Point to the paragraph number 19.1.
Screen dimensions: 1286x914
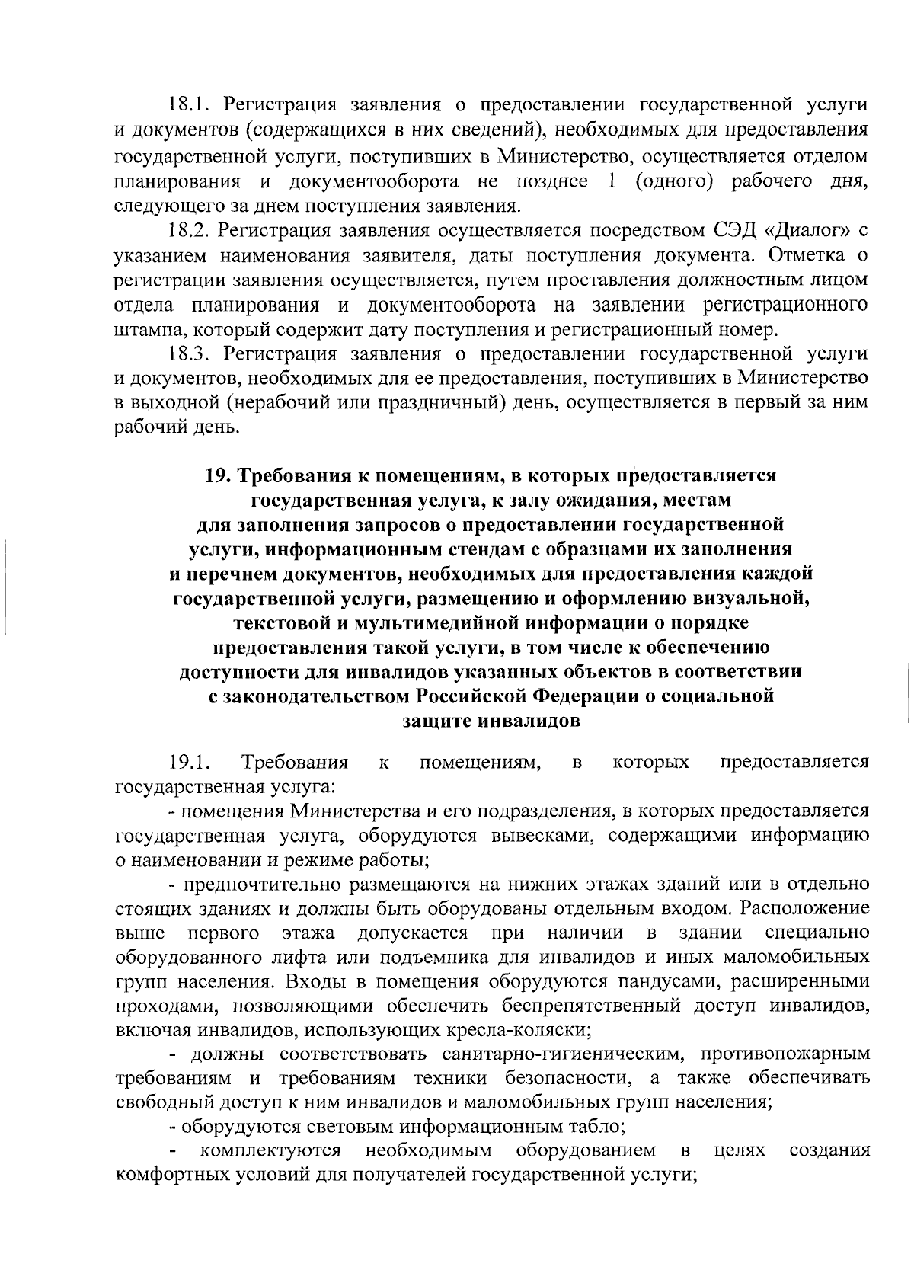click(x=189, y=762)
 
